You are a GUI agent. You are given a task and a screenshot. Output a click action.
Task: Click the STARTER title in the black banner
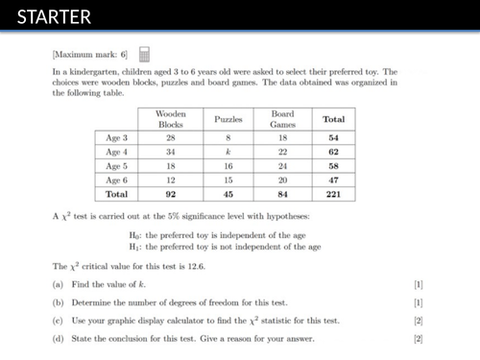pos(54,17)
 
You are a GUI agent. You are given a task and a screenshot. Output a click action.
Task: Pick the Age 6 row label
pos(115,179)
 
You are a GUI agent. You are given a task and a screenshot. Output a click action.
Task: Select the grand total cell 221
pos(334,193)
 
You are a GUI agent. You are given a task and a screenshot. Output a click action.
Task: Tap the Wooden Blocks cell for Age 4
pos(170,152)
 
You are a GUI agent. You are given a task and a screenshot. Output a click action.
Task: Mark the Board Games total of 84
pos(282,193)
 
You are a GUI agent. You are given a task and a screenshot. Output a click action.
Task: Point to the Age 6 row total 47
pos(334,179)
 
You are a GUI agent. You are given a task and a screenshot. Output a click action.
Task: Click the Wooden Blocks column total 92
pos(170,193)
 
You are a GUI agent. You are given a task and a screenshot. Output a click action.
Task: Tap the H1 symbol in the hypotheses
pos(134,247)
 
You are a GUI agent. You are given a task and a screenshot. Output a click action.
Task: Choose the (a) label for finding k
pos(57,284)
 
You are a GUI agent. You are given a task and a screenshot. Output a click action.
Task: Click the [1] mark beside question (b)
pos(418,302)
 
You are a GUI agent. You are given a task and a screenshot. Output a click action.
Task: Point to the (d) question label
pos(57,339)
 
